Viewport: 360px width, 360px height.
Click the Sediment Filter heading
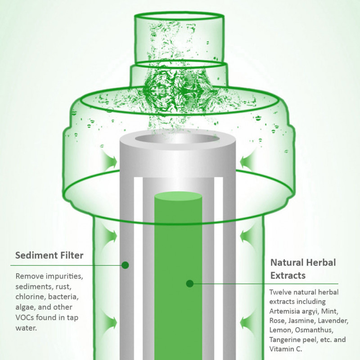click(49, 256)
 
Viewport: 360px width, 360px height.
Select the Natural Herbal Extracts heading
click(303, 268)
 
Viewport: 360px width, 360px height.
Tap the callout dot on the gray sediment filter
click(125, 265)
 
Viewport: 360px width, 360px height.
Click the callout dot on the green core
click(190, 283)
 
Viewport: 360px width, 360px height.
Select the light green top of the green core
click(178, 196)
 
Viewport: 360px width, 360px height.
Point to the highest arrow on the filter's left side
click(109, 161)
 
